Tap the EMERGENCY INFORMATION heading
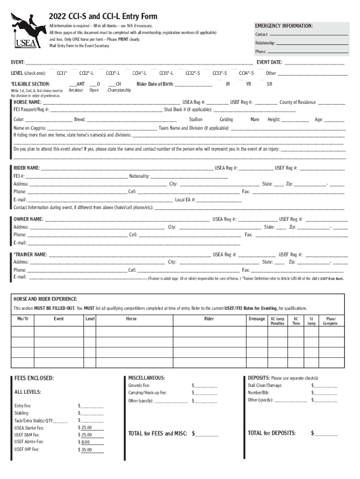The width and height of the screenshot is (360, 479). (283, 26)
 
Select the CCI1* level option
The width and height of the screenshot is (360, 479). (62, 73)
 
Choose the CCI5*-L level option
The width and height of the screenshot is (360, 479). (166, 73)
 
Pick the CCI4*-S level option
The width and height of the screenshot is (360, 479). (246, 73)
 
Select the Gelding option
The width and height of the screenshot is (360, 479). (226, 120)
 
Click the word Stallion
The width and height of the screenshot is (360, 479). (195, 120)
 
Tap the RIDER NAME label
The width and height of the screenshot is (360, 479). (27, 168)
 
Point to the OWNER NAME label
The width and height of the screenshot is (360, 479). (28, 219)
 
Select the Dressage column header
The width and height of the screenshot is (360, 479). (257, 319)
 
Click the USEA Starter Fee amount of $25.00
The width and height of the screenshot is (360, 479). (86, 428)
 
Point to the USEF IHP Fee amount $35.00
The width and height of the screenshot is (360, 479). (86, 450)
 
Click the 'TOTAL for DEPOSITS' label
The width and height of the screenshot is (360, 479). (272, 433)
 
